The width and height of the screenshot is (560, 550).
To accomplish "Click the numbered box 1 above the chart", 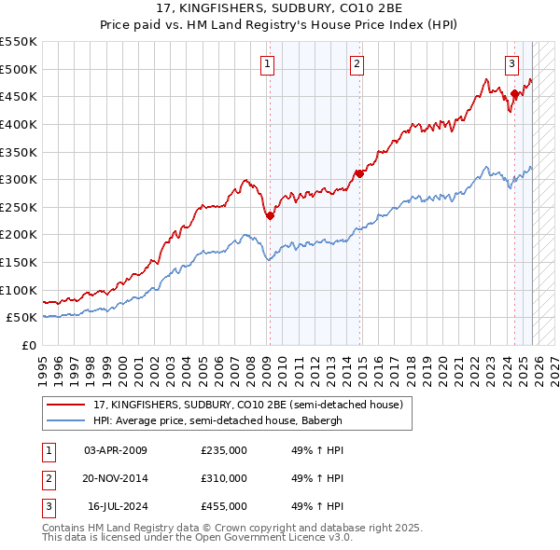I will click(267, 63).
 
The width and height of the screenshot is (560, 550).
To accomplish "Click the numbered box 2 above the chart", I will click(357, 63).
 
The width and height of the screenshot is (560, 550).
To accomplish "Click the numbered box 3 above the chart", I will click(512, 63).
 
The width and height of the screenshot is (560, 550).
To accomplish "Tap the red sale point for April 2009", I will click(270, 215).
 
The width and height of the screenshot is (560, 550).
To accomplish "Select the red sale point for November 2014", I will click(359, 173).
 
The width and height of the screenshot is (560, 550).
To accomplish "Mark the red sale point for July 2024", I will click(514, 93).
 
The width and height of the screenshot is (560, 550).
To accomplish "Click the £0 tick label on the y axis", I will click(28, 345).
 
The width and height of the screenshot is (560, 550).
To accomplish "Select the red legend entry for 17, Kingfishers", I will click(247, 405).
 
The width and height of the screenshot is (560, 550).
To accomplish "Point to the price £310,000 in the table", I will click(224, 478).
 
